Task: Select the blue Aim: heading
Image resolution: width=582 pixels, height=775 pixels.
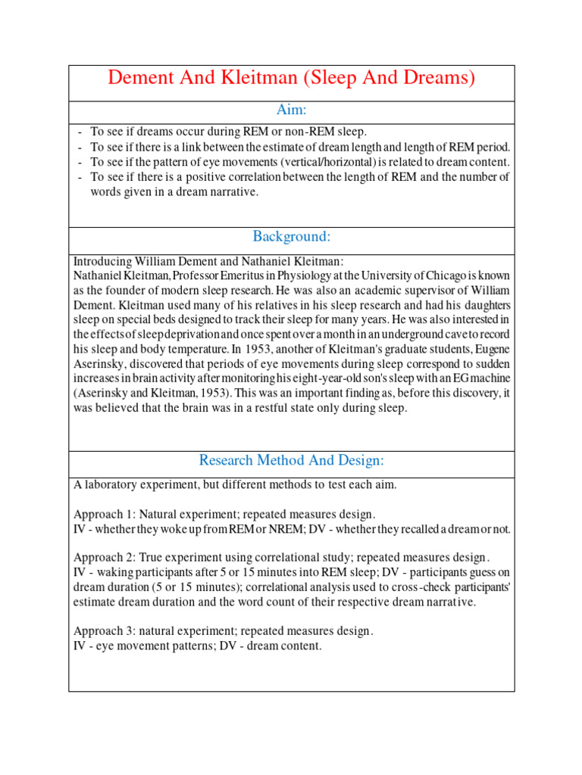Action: [291, 110]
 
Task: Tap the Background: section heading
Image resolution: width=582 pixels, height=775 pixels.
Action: [291, 237]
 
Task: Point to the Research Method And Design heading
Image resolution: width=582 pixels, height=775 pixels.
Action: [291, 460]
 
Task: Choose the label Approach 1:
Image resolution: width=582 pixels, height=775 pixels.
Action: [105, 514]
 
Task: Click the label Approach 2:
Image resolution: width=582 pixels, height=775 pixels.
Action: [105, 558]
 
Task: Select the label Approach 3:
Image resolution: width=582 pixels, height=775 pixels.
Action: [105, 630]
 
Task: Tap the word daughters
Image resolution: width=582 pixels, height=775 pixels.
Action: [480, 304]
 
